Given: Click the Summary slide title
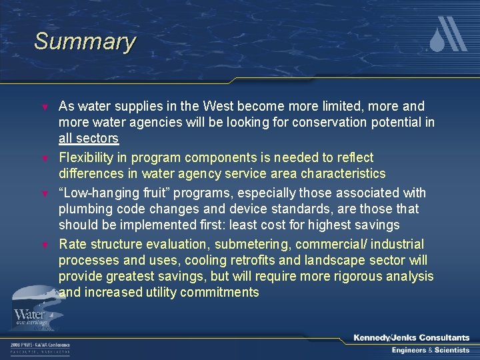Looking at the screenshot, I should (x=85, y=41).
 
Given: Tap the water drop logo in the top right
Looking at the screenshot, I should (x=448, y=35).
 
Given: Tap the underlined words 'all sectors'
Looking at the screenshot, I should (x=89, y=139).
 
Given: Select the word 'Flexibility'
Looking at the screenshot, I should (x=93, y=158).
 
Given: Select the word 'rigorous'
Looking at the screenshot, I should (x=363, y=276).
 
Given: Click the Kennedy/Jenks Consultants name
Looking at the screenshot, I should (x=411, y=338).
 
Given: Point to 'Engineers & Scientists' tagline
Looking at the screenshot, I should (x=430, y=350).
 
